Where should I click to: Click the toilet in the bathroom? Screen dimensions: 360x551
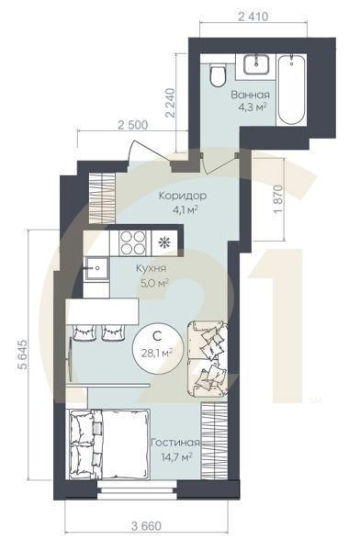[x=218, y=74]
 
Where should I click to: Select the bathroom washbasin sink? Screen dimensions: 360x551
[x=257, y=64]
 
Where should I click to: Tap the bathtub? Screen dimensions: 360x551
[x=291, y=89]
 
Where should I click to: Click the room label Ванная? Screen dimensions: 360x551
[x=251, y=95]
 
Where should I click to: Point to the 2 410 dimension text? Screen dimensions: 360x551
[x=253, y=17]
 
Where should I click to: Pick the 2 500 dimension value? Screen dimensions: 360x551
[x=132, y=125]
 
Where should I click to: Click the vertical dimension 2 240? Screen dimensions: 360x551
[x=171, y=103]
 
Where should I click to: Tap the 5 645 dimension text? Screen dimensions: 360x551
[x=22, y=354]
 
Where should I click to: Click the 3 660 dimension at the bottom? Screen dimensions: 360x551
[x=147, y=526]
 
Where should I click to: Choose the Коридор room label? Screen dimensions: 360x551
[x=183, y=196]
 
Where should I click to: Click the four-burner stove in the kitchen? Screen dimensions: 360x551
[x=133, y=242]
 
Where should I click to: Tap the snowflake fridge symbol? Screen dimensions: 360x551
[x=163, y=242]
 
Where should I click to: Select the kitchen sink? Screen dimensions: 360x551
[x=96, y=268]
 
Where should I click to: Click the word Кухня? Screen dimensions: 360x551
[x=152, y=269]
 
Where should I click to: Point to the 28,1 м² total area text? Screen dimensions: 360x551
[x=157, y=353]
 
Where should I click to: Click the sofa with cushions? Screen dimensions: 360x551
[x=208, y=358]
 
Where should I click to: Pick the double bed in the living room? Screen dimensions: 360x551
[x=109, y=444]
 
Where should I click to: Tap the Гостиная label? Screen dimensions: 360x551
[x=175, y=443]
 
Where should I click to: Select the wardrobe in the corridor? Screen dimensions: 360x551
[x=102, y=197]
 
